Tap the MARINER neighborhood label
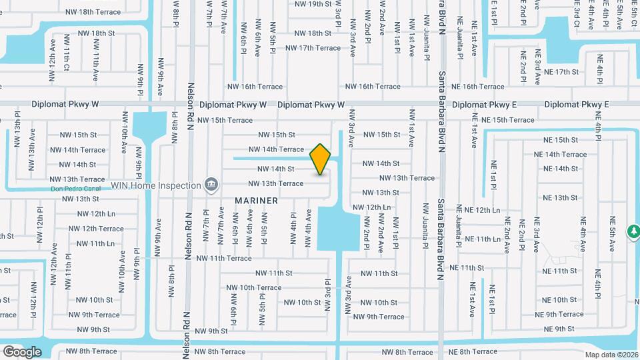[256, 200]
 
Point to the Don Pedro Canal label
[75, 189]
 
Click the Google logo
[22, 351]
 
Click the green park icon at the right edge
[633, 231]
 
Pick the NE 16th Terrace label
[478, 87]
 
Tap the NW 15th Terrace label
[226, 120]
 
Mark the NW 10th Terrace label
[254, 287]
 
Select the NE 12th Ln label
[478, 210]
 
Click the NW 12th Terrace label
[97, 229]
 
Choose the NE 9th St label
[559, 329]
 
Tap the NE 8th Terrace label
[473, 351]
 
